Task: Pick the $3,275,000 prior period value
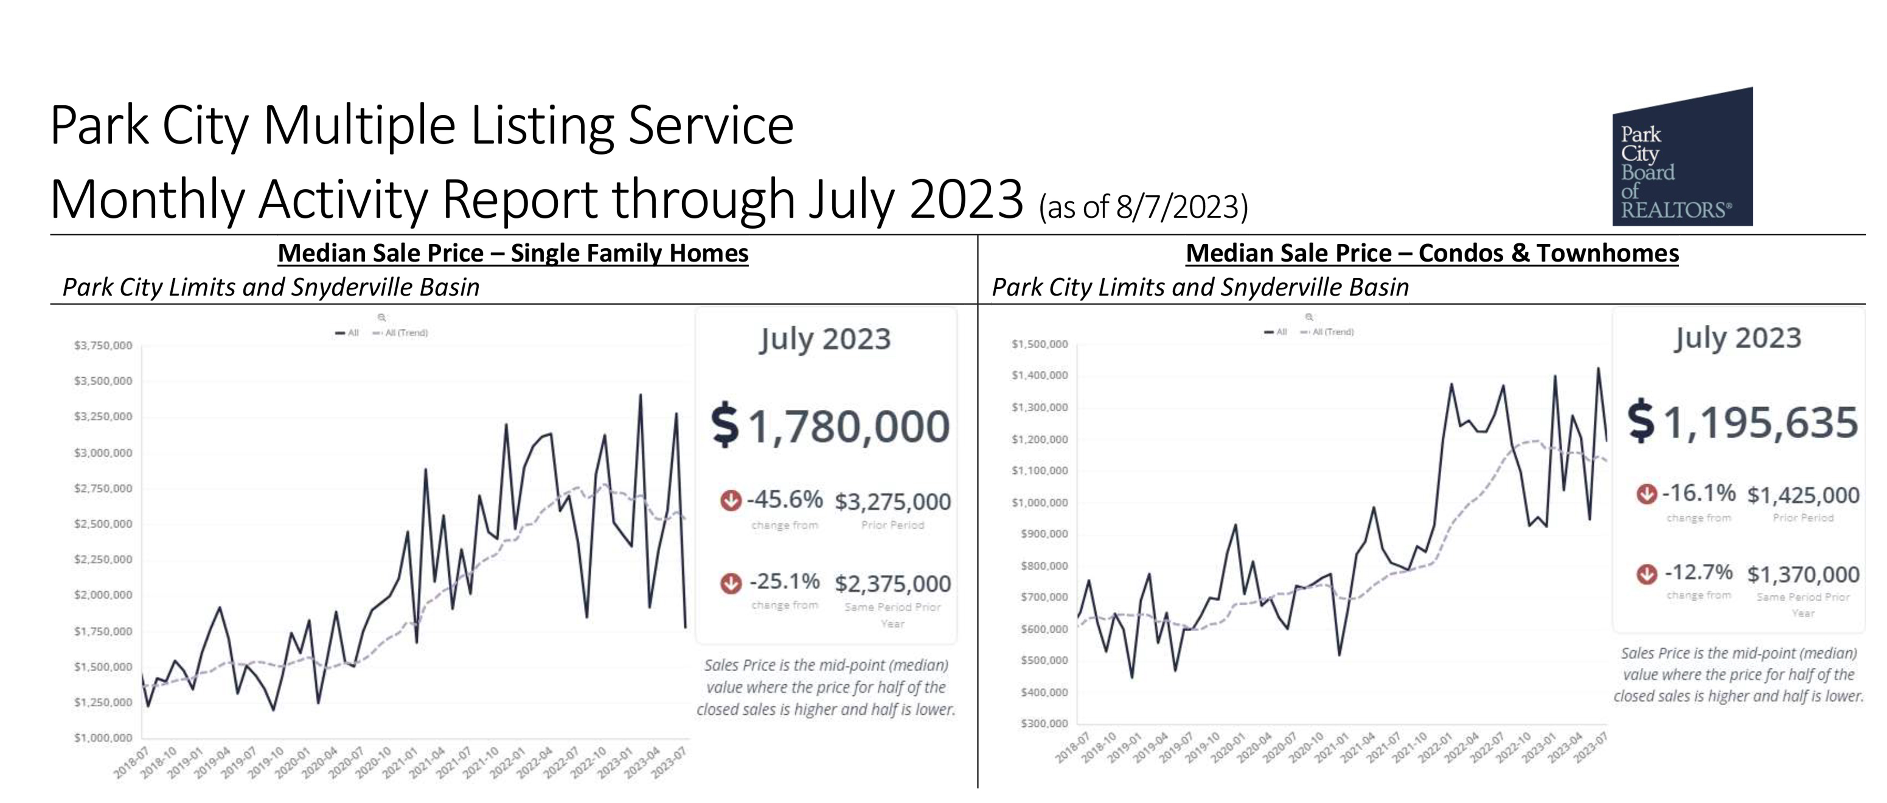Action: click(892, 502)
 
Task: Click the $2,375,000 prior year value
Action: click(892, 584)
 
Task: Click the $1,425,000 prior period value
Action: click(1803, 495)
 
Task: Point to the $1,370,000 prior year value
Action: click(1803, 574)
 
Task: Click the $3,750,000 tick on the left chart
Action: click(103, 345)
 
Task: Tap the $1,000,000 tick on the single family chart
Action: click(103, 738)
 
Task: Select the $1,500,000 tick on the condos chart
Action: click(1039, 343)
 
